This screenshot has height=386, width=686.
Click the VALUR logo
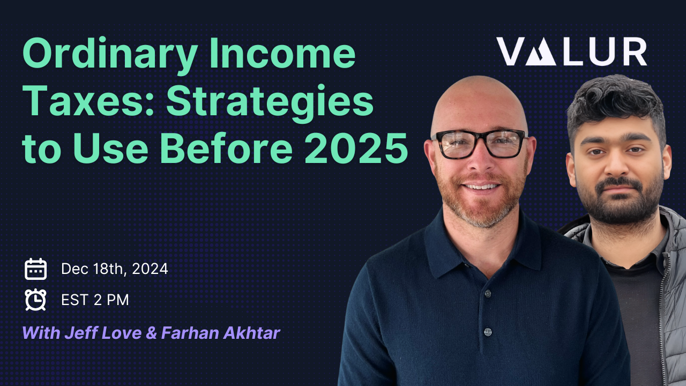click(571, 52)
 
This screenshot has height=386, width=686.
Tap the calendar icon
click(36, 269)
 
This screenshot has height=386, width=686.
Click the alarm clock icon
click(36, 300)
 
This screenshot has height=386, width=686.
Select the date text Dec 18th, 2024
click(115, 269)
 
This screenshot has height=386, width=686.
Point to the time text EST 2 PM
click(95, 300)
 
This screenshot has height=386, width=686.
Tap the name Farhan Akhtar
click(220, 333)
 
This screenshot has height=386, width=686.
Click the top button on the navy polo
click(487, 294)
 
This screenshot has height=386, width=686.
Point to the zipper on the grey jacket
click(668, 300)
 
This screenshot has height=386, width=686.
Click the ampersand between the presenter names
click(152, 333)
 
